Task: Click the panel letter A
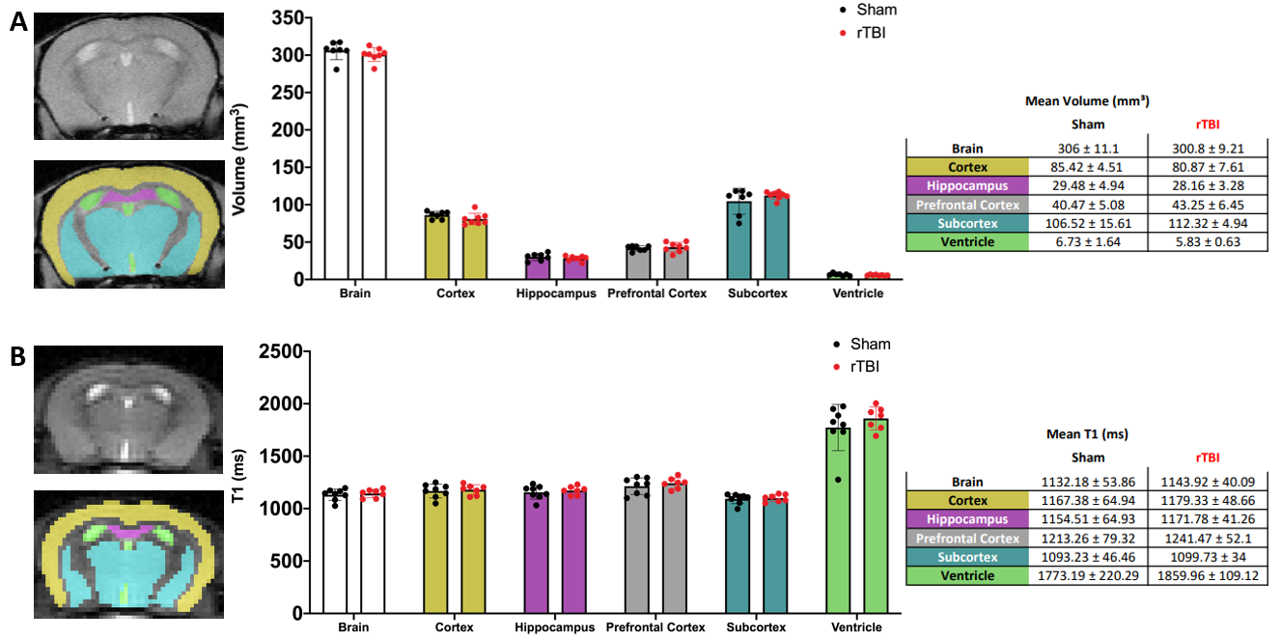click(x=18, y=20)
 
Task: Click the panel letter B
click(x=18, y=356)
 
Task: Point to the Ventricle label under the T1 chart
click(x=856, y=627)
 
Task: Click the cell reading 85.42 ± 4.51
click(x=1088, y=167)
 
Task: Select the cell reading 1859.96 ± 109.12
click(x=1208, y=575)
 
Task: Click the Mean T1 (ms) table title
click(x=1087, y=434)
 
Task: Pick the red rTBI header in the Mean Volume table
click(x=1207, y=124)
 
